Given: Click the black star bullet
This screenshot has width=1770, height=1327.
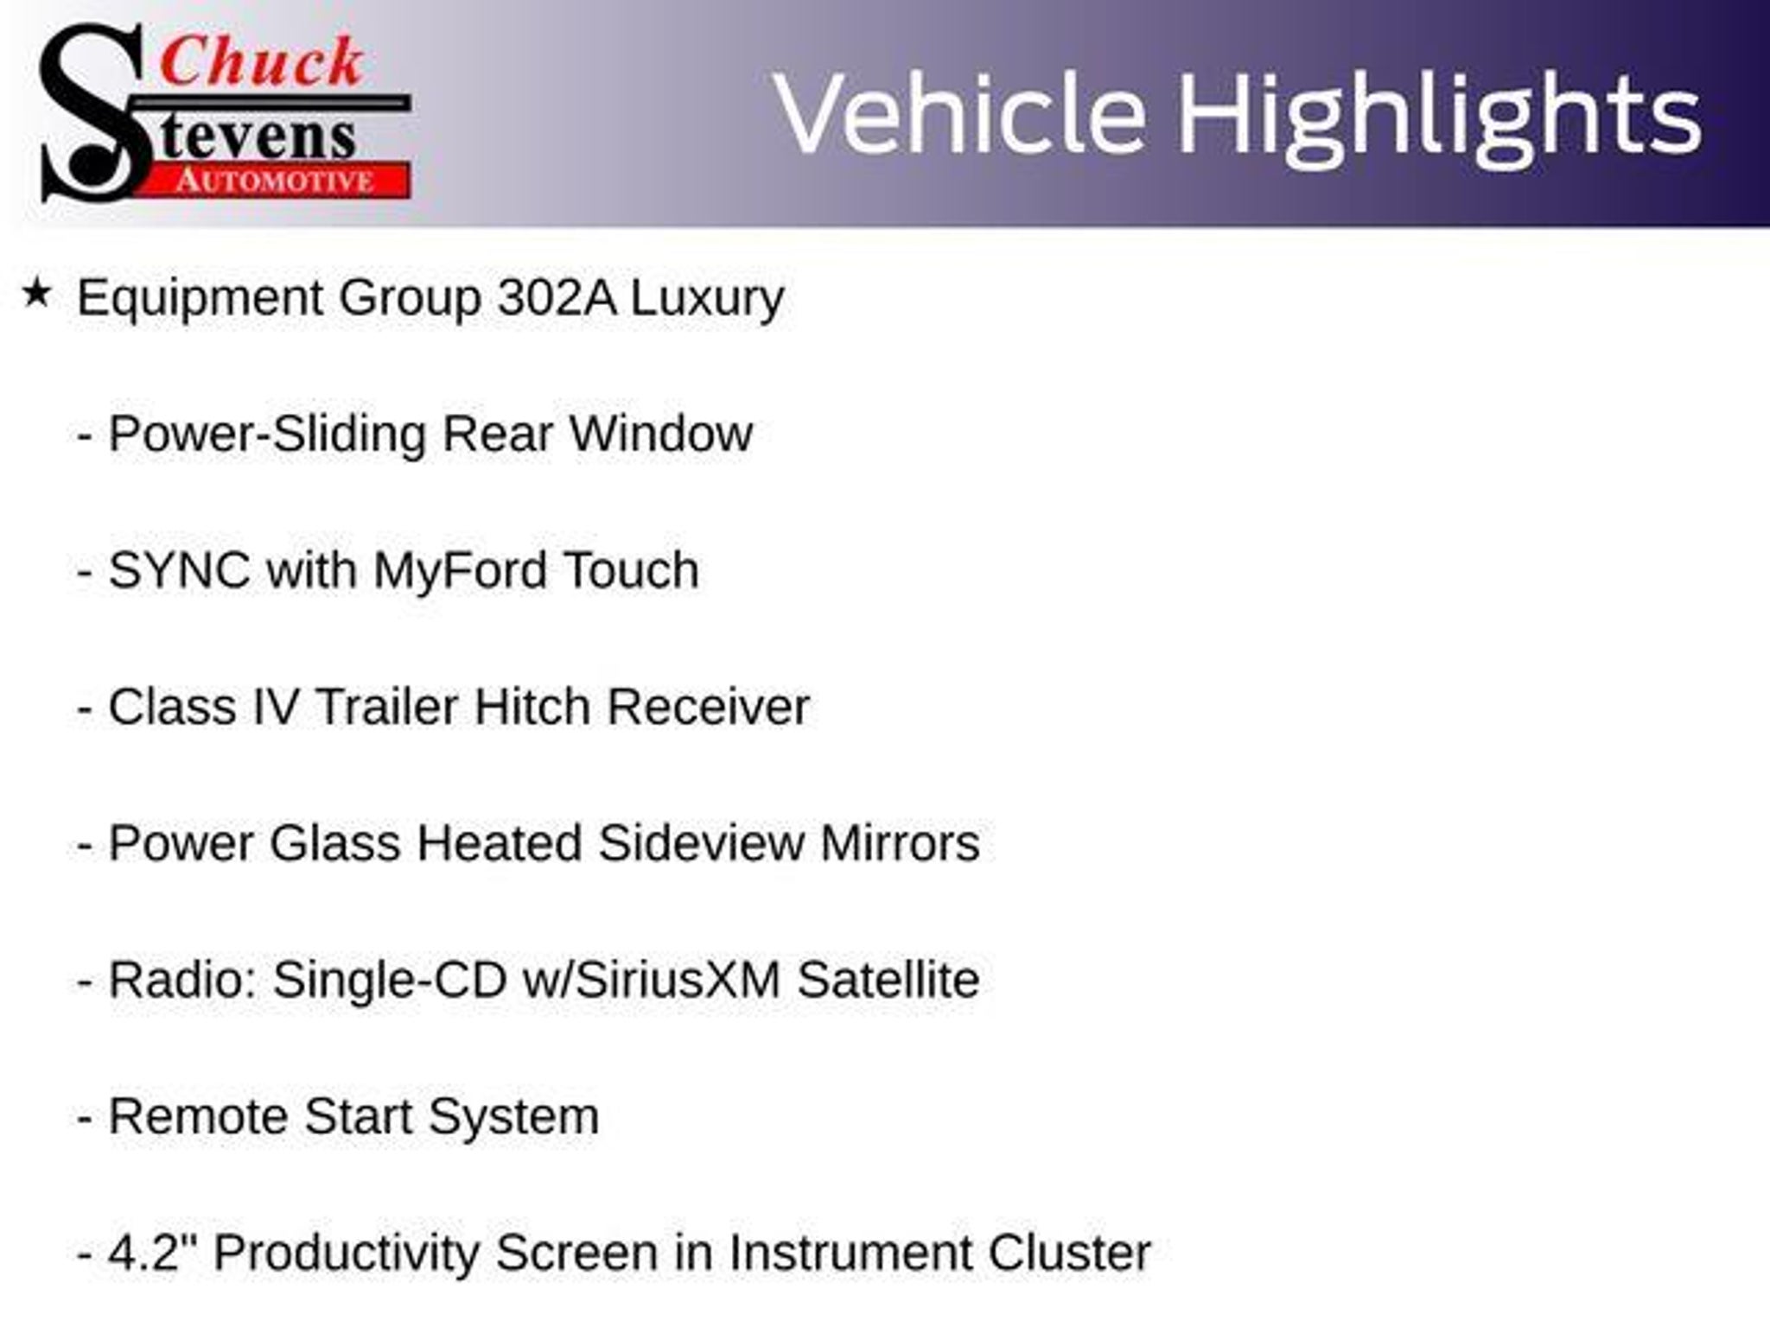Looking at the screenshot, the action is pos(36,294).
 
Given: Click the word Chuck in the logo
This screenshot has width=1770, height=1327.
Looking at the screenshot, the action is pos(262,62).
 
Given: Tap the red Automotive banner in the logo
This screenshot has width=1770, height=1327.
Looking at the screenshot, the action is pos(277,181).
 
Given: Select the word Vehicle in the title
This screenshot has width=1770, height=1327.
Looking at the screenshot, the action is pos(959,114).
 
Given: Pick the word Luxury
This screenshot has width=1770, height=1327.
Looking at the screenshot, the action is pos(707,300).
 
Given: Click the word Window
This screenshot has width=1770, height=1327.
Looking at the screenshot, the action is pos(661,434).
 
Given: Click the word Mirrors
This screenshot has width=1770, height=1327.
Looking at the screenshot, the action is pos(900,843).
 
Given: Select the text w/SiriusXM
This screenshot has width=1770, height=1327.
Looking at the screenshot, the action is pos(652,980).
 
